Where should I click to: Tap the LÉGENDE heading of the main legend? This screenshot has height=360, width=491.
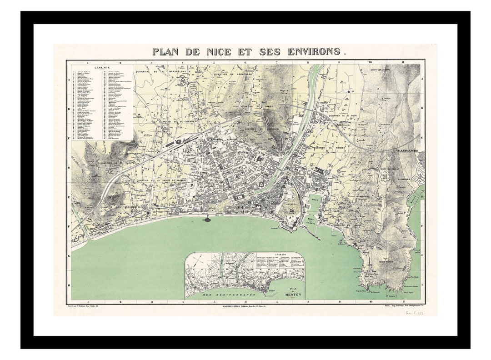coord(102,67)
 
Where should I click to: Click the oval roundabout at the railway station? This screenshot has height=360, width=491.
coord(179,141)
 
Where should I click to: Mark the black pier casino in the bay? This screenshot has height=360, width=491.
coord(207,220)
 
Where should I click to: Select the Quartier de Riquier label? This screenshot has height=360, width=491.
coord(330,147)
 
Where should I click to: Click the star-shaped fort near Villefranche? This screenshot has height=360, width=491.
coord(386,176)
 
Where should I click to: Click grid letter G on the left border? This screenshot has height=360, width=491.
coord(69,256)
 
